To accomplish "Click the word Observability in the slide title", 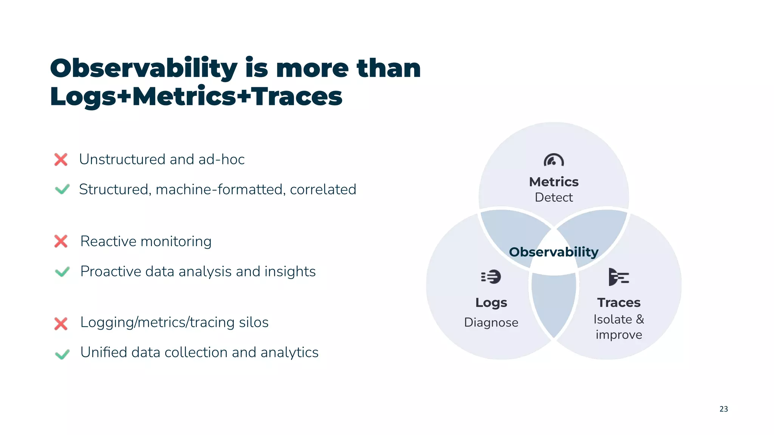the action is pos(144,69).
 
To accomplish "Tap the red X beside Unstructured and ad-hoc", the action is pos(61,159).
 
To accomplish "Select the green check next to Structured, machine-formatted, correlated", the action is pos(62,189).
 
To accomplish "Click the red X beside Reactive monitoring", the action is pos(61,241).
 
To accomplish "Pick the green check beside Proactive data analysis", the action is pos(62,271).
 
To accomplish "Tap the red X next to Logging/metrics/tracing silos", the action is pos(61,324).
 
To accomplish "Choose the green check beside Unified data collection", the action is pos(62,354).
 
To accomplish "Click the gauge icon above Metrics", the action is pos(554,160).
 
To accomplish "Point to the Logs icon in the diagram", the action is pos(491,277).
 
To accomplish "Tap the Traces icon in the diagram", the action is pos(618,277).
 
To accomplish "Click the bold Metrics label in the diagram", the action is pos(554,182).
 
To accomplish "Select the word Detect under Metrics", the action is pos(554,197).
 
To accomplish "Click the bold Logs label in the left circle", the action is pos(491,302).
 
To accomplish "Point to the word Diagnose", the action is pos(491,322).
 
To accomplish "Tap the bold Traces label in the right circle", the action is pos(619,302).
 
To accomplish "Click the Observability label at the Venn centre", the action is pos(554,252).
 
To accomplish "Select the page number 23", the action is pos(723,409).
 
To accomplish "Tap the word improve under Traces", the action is pos(619,335).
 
